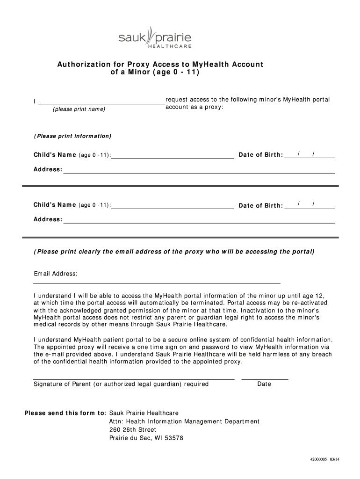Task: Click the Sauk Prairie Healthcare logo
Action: pyautogui.click(x=155, y=37)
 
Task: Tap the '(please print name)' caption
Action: pyautogui.click(x=79, y=109)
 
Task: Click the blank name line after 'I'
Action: pyautogui.click(x=101, y=102)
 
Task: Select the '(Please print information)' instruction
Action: pyautogui.click(x=72, y=136)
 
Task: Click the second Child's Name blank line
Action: pyautogui.click(x=173, y=206)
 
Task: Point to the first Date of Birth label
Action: pyautogui.click(x=261, y=155)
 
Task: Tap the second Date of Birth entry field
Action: pyautogui.click(x=310, y=205)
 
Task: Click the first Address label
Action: pyautogui.click(x=47, y=169)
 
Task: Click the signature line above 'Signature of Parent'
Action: pyautogui.click(x=133, y=378)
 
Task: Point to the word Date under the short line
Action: pyautogui.click(x=264, y=384)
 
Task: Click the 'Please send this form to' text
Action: pyautogui.click(x=65, y=413)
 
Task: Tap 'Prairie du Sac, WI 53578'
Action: pyautogui.click(x=146, y=438)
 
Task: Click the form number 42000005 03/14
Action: pyautogui.click(x=324, y=459)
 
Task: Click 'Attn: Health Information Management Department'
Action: pyautogui.click(x=184, y=421)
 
